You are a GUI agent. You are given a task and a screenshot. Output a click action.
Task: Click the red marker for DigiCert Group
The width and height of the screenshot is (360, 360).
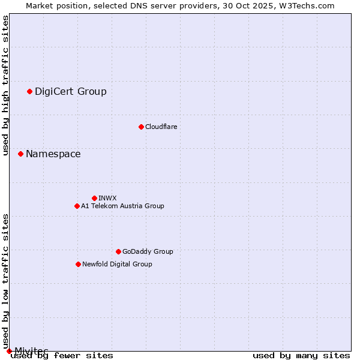pyautogui.click(x=29, y=91)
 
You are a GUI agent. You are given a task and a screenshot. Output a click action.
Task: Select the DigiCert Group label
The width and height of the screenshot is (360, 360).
pyautogui.click(x=71, y=92)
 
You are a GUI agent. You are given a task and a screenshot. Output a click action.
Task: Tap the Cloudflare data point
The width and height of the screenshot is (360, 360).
pyautogui.click(x=141, y=127)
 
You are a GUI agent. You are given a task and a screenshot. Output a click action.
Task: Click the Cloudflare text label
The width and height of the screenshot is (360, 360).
pyautogui.click(x=161, y=127)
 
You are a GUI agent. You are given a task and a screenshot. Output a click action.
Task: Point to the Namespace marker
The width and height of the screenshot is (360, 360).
pyautogui.click(x=20, y=154)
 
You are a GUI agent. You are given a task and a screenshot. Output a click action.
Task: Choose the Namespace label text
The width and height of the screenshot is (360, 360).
pyautogui.click(x=53, y=154)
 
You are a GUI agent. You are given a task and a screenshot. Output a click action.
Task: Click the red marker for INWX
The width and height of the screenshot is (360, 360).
pyautogui.click(x=94, y=198)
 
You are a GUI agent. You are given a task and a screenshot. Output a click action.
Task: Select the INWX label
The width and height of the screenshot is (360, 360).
pyautogui.click(x=107, y=198)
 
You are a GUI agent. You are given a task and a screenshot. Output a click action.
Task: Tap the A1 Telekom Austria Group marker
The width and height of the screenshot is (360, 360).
pyautogui.click(x=77, y=206)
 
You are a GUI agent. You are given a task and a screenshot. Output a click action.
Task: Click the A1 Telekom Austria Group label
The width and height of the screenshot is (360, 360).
pyautogui.click(x=122, y=206)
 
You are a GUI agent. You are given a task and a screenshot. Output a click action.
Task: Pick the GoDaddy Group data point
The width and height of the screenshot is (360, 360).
pyautogui.click(x=118, y=251)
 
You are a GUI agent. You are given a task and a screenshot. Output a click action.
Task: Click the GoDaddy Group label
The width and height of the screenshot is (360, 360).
pyautogui.click(x=148, y=251)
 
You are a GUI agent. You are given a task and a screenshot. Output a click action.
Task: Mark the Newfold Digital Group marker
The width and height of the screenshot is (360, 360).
pyautogui.click(x=78, y=264)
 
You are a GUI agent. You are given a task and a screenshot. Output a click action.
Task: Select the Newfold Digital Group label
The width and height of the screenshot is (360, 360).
pyautogui.click(x=117, y=264)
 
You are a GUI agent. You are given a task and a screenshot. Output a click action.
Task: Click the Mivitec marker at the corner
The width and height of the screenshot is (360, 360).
pyautogui.click(x=9, y=351)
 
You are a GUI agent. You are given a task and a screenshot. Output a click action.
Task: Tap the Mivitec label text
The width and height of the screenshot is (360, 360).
pyautogui.click(x=31, y=350)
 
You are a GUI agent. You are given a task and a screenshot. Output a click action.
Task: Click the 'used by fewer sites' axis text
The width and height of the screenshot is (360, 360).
pyautogui.click(x=62, y=356)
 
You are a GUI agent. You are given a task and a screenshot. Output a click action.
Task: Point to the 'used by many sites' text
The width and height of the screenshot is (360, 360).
pyautogui.click(x=301, y=356)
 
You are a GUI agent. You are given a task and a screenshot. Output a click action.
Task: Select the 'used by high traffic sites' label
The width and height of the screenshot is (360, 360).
pyautogui.click(x=5, y=86)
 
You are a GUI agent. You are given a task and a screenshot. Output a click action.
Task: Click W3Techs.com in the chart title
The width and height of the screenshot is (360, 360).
pyautogui.click(x=305, y=5)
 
